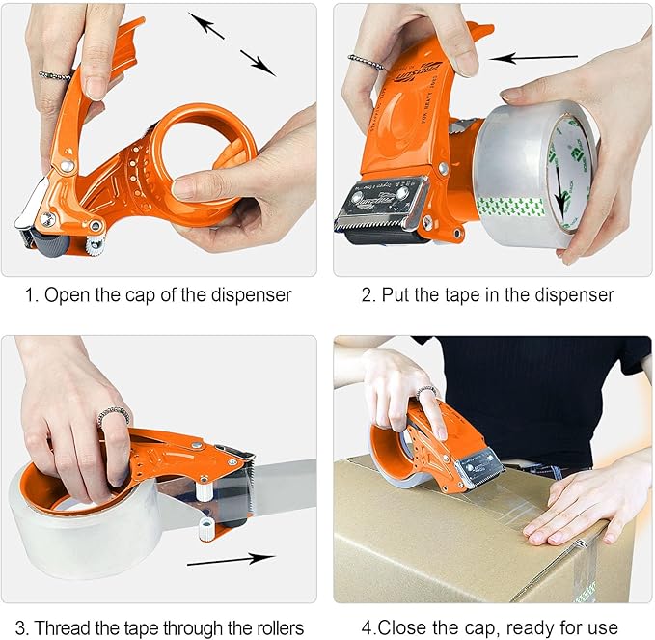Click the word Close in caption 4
[x=388, y=628]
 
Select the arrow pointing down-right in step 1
[x=259, y=63]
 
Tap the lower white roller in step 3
[x=205, y=528]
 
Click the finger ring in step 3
[x=113, y=415]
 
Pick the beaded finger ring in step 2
[x=368, y=64]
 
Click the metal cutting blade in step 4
[x=479, y=470]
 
